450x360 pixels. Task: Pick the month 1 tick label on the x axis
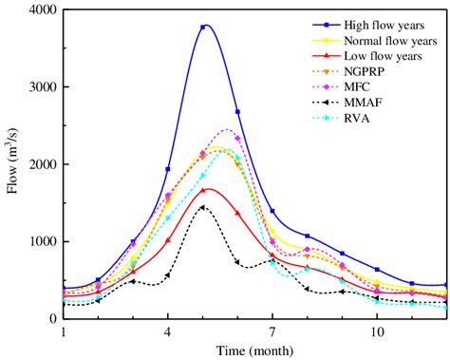click(63, 332)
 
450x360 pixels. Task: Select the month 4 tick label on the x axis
click(168, 332)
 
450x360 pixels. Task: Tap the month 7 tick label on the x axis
click(272, 332)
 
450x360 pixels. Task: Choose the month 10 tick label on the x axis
click(377, 332)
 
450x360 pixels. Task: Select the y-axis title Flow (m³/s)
click(12, 163)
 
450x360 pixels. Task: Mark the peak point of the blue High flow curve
click(203, 27)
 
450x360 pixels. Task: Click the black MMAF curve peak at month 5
click(202, 207)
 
